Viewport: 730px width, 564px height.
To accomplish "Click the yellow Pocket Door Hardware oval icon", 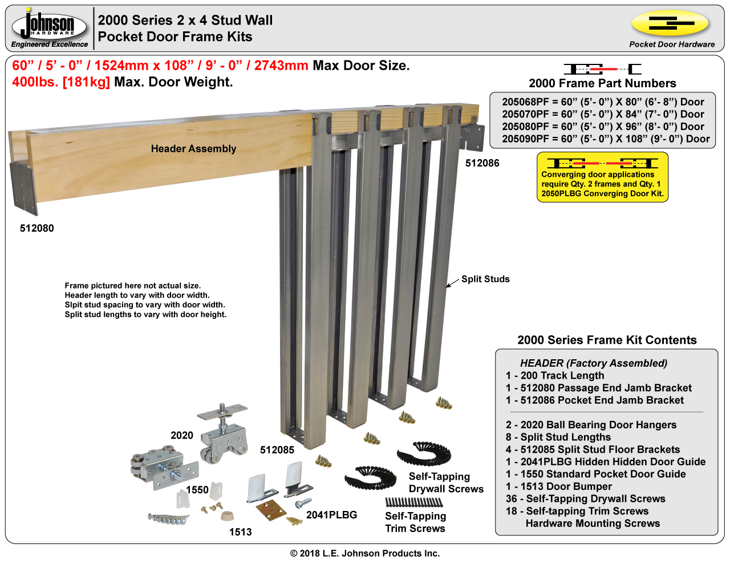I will point(670,24).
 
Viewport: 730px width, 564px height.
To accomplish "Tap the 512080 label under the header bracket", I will point(37,228).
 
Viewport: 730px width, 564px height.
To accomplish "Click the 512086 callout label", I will point(482,163).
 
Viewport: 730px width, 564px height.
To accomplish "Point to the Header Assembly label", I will point(193,149).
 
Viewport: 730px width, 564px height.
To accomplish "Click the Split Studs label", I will point(485,279).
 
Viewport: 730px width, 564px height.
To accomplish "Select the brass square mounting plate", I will point(271,509).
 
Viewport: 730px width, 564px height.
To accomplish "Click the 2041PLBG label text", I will point(331,515).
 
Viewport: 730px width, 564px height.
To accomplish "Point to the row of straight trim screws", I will point(413,502).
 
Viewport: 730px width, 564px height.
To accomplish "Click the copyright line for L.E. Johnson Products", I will point(365,553).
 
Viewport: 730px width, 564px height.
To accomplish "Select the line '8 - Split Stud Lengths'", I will point(558,437).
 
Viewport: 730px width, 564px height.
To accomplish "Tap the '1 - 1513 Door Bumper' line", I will point(558,486).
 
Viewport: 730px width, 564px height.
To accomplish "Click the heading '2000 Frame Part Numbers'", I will point(602,83).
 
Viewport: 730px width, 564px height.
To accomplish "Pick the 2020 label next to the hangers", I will point(182,435).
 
